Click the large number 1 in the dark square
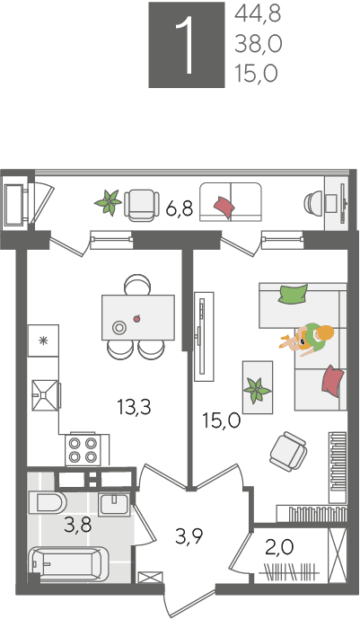click(x=186, y=45)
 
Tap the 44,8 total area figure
click(x=258, y=14)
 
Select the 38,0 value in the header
click(x=259, y=44)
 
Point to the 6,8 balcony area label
click(x=180, y=208)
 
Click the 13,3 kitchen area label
click(x=135, y=407)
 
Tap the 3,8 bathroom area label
click(x=78, y=525)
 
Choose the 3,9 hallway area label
click(x=189, y=536)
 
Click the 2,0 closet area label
click(x=280, y=547)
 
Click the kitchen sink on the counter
click(x=45, y=395)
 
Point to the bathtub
click(x=68, y=563)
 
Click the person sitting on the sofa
click(x=308, y=339)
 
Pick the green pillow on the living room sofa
click(x=293, y=294)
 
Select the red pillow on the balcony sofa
click(x=224, y=207)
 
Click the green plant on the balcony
click(x=108, y=202)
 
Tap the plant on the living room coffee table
click(x=257, y=390)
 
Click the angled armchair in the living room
click(x=288, y=451)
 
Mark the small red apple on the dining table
click(x=137, y=318)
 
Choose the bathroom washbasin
click(x=114, y=504)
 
